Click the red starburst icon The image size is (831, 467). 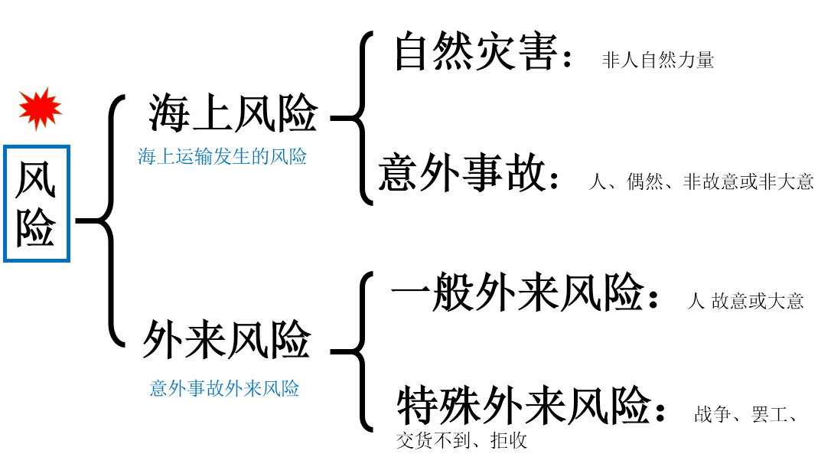[x=40, y=109]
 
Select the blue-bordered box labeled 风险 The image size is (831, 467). [x=37, y=203]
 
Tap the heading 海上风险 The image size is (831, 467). [x=233, y=114]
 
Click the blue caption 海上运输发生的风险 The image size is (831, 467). [x=223, y=157]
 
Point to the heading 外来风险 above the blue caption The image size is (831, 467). [x=227, y=340]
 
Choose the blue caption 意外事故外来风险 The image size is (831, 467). [x=224, y=388]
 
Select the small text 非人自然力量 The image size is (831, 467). [x=658, y=60]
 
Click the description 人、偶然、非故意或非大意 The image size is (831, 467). [x=701, y=181]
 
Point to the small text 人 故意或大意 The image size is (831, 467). [x=745, y=301]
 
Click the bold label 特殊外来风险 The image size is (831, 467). [x=524, y=406]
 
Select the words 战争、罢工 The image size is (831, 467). [x=746, y=415]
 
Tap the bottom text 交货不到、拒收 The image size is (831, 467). [x=462, y=441]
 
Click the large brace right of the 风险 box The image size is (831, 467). [x=107, y=221]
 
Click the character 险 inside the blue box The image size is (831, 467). [x=37, y=228]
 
